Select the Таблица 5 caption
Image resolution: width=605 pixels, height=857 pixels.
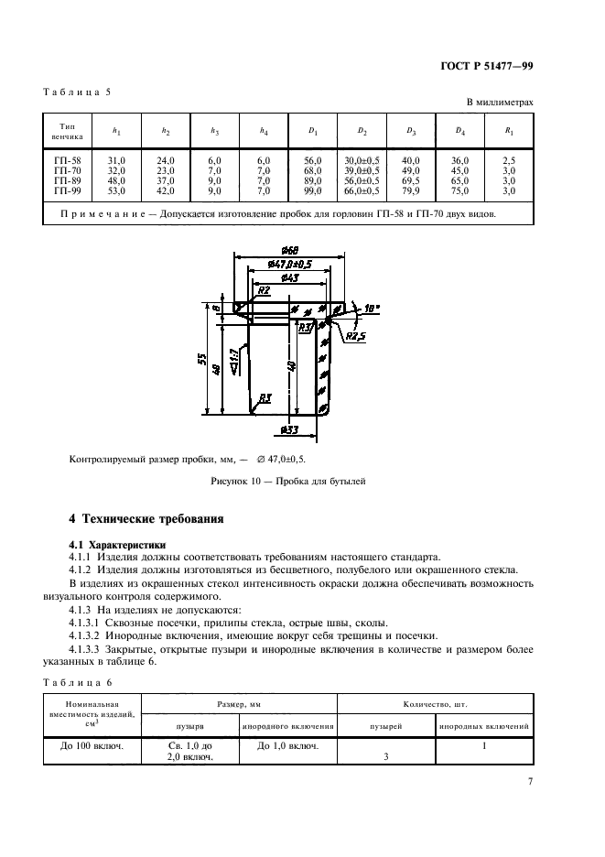77,92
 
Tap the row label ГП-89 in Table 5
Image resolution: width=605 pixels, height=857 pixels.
70,182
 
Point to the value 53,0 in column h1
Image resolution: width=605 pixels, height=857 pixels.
116,191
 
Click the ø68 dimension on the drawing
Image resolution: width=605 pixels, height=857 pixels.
289,252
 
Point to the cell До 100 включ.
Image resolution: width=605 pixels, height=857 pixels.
92,746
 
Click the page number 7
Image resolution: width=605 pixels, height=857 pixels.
530,781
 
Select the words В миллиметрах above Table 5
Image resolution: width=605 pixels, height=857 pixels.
499,103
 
